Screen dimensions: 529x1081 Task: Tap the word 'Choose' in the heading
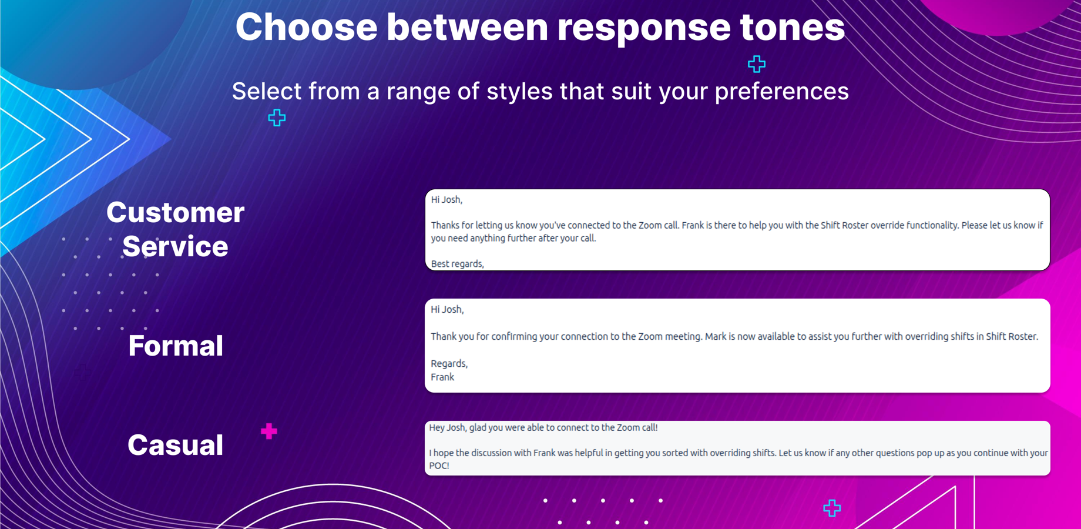(306, 28)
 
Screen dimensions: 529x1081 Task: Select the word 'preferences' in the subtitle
(781, 92)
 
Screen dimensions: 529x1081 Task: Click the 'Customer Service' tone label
(175, 229)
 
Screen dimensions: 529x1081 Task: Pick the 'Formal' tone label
(176, 346)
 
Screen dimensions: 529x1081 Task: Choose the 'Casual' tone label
(176, 445)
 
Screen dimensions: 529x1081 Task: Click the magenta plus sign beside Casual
(269, 431)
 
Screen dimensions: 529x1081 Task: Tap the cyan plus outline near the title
(757, 63)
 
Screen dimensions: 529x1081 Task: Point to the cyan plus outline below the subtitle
(277, 118)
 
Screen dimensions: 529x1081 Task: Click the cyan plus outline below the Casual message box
(832, 508)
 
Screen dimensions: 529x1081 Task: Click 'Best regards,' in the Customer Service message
(458, 264)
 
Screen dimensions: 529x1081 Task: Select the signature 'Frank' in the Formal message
(442, 377)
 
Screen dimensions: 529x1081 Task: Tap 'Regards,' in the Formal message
(449, 364)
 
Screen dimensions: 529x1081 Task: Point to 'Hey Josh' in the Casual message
(447, 428)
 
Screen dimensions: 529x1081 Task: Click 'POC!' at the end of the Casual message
(439, 466)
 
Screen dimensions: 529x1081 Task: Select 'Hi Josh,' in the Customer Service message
(446, 200)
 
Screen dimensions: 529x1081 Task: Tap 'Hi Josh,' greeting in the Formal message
(447, 310)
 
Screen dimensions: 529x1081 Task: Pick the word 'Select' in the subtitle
(266, 92)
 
